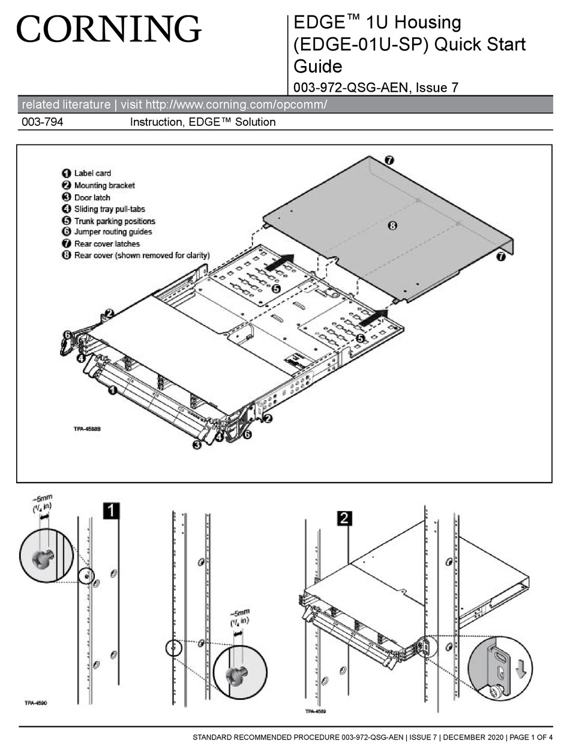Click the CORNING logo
pos(109,29)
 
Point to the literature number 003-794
pos(42,122)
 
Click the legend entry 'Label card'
pos(92,173)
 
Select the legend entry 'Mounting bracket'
pos(104,185)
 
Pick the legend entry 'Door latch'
pos(92,197)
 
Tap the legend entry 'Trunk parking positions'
pos(114,221)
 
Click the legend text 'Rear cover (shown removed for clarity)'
pos(142,255)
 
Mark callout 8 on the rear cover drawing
pos(392,226)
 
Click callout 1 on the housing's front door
pos(112,390)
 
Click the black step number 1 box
pos(112,510)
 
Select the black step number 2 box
pos(344,518)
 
